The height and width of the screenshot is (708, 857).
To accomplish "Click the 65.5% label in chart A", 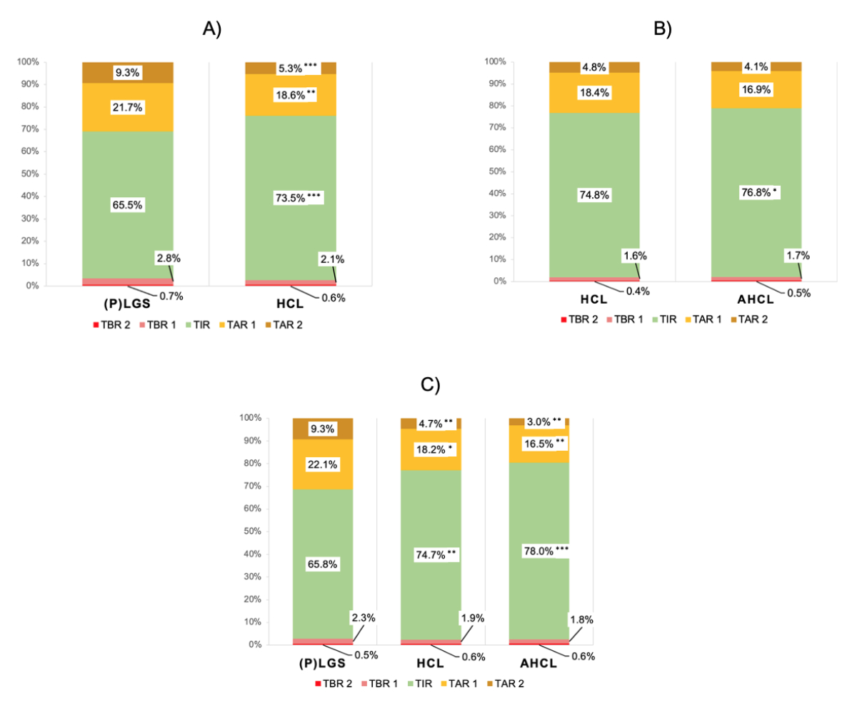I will (128, 204).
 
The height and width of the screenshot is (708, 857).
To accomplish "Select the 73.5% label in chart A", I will (286, 197).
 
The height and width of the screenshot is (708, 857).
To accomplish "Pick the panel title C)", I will (430, 384).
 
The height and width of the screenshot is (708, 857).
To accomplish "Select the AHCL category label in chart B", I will (756, 297).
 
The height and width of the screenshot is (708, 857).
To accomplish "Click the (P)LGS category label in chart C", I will (323, 662).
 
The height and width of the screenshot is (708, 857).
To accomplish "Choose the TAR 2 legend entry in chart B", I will (751, 319).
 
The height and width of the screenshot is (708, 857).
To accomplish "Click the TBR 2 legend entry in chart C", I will (334, 684).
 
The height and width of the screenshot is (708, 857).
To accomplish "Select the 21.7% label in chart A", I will (128, 107).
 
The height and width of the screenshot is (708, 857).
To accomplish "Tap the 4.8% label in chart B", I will (594, 68).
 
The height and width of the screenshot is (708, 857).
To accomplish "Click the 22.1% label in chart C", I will (323, 464).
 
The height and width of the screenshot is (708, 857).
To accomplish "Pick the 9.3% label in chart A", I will (128, 72).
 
